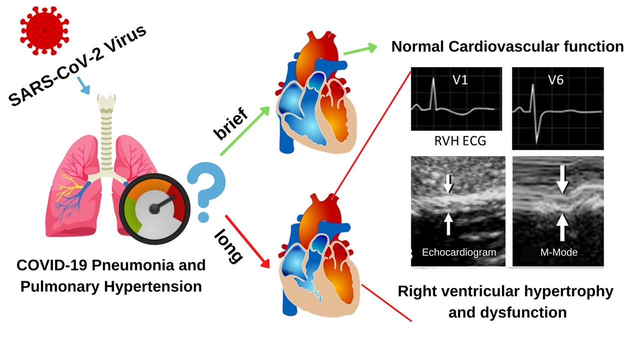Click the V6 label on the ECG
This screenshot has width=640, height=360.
[556, 79]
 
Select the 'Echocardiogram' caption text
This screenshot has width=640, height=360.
[459, 252]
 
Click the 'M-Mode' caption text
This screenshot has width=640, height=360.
[559, 252]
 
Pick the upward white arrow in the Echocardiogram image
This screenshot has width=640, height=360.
[448, 223]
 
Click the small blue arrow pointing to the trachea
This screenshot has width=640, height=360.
[84, 87]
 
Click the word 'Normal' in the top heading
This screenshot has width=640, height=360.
[417, 46]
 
